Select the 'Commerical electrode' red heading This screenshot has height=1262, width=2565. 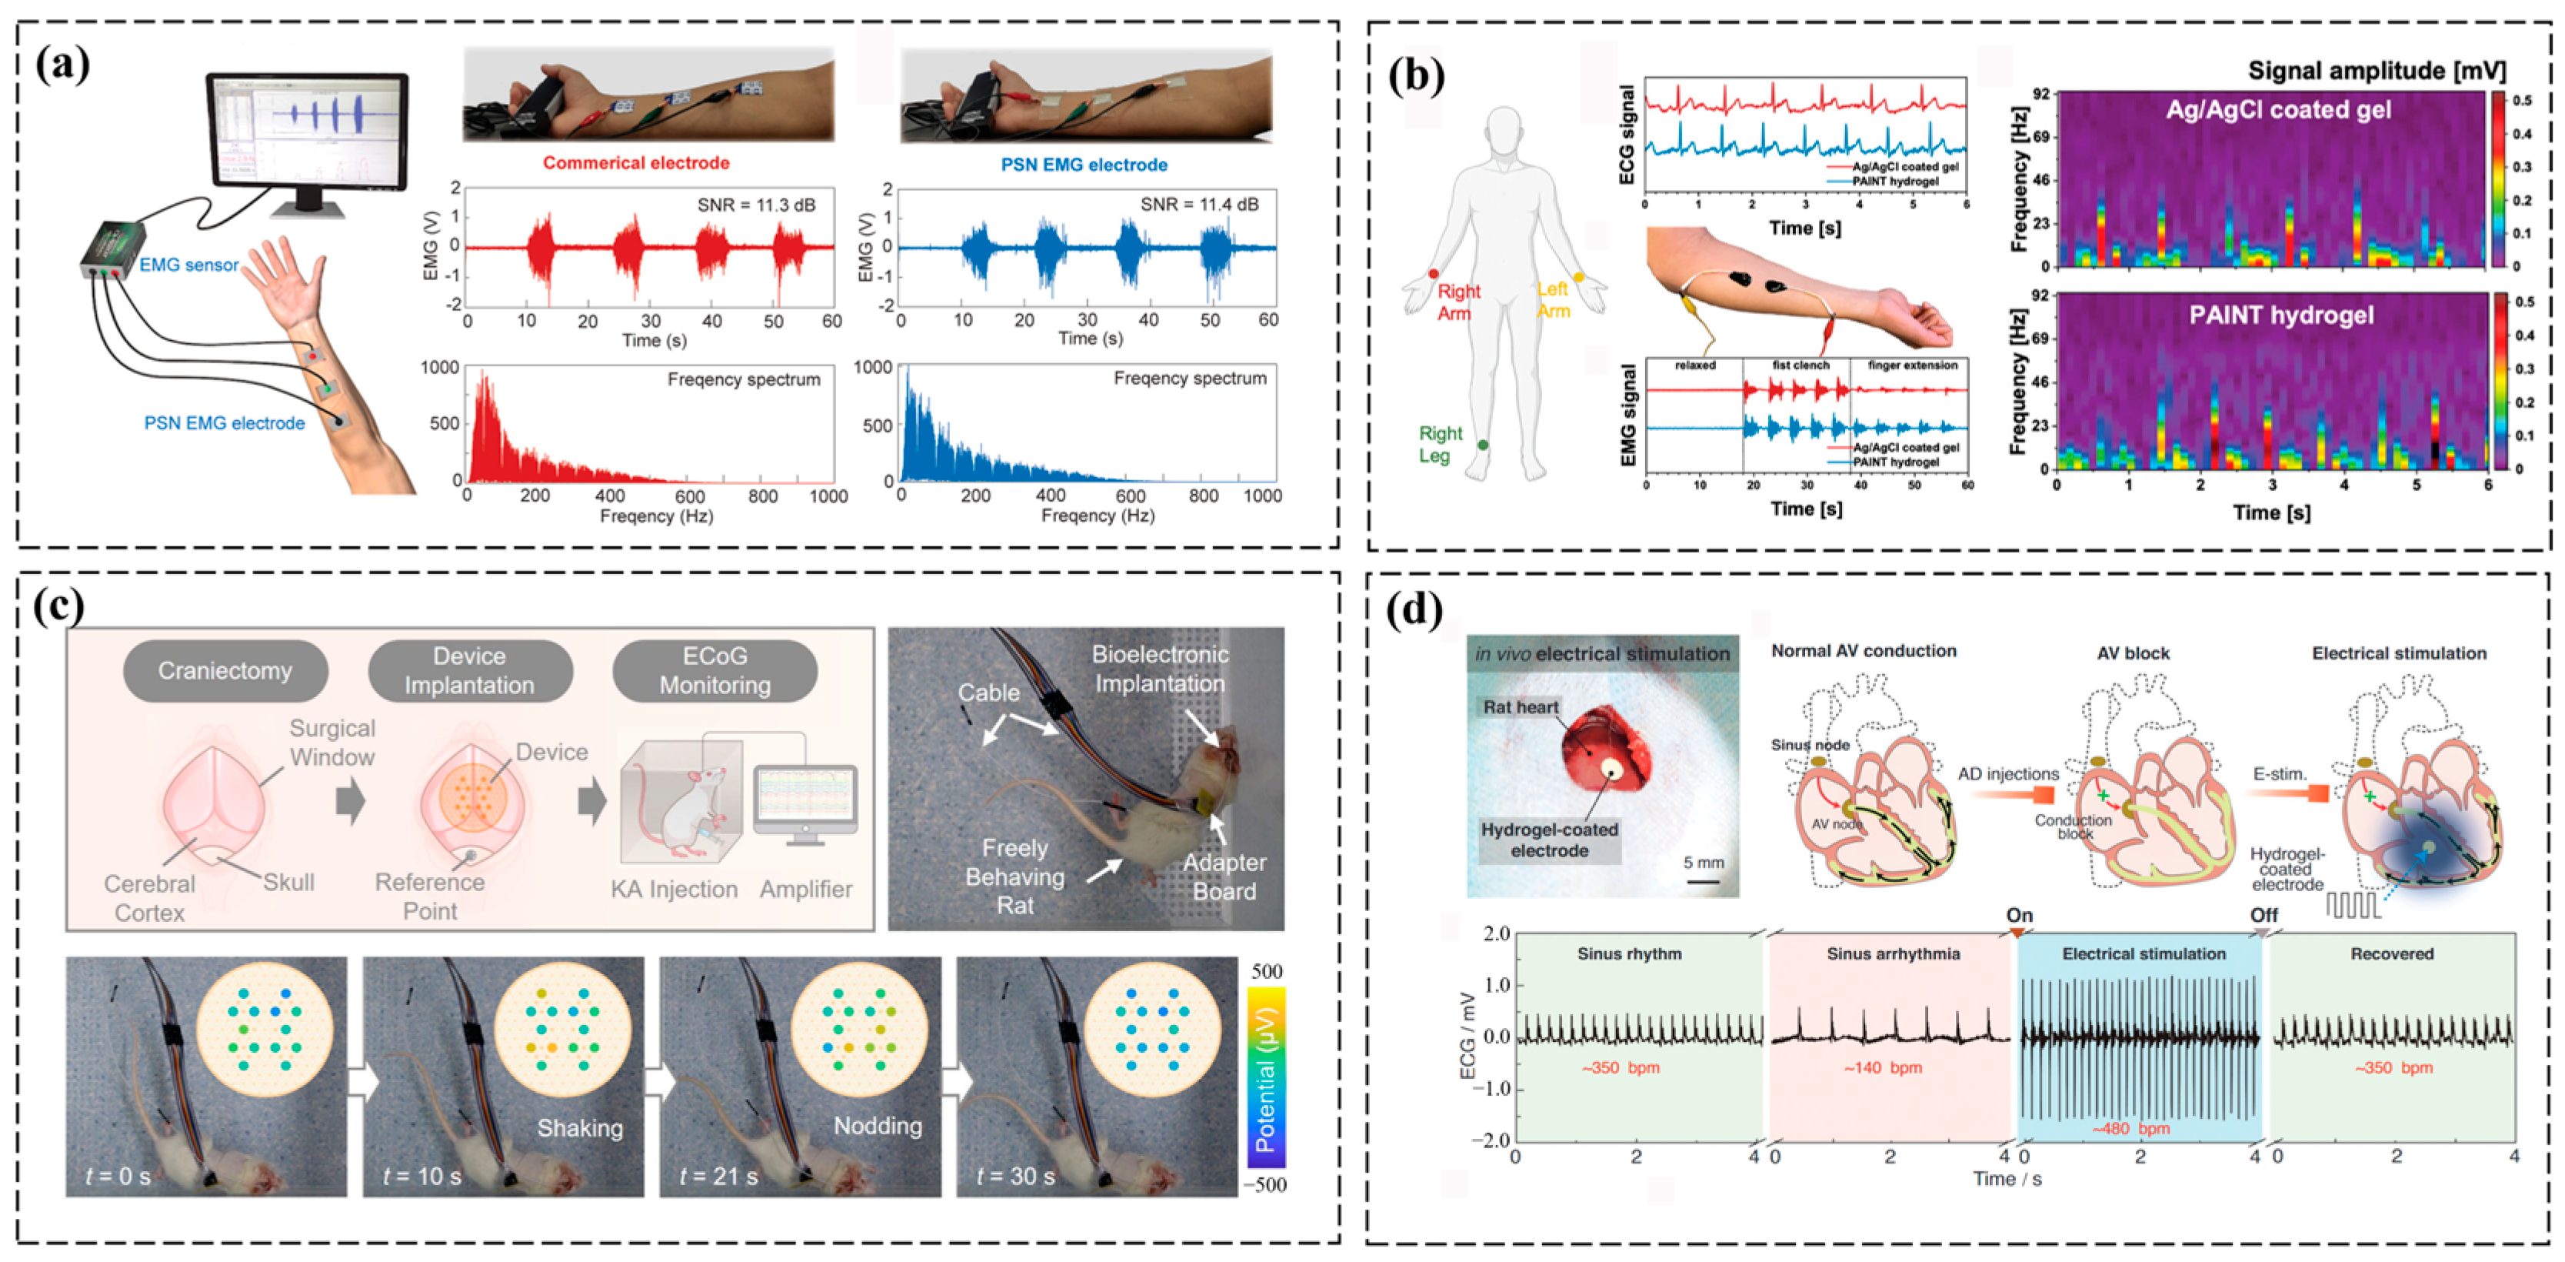[x=636, y=162]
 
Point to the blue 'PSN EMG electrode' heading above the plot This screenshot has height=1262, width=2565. [x=1084, y=165]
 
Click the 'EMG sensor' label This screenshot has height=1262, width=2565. [x=189, y=265]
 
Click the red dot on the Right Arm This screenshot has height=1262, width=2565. [x=1433, y=273]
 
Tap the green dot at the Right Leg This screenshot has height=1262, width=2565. [x=1483, y=444]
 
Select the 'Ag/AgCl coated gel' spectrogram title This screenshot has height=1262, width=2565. [x=2278, y=109]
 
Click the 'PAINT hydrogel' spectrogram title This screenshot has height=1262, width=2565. [x=2281, y=315]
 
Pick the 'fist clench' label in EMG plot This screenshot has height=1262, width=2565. [x=1800, y=366]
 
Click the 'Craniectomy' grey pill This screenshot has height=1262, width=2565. [x=225, y=670]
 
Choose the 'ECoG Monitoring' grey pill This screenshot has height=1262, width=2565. [x=715, y=670]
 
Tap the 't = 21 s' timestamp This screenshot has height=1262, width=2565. [x=718, y=1177]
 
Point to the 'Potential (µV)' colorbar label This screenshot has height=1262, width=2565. [x=1264, y=1080]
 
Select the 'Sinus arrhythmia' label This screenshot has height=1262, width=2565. [x=1893, y=953]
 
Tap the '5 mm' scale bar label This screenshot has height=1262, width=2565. [x=1703, y=863]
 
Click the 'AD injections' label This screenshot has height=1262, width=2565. [x=2008, y=774]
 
